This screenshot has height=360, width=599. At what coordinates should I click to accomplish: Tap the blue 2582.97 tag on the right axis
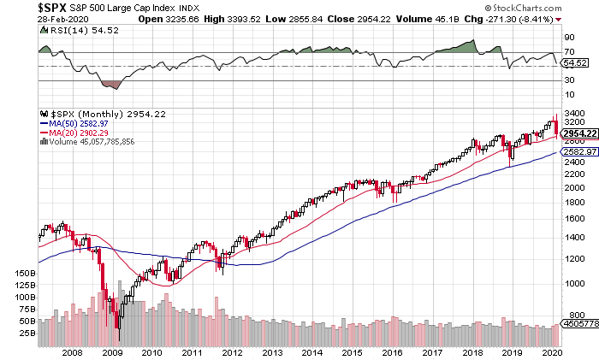[x=577, y=151]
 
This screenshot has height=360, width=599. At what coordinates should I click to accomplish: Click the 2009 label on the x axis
[x=112, y=351]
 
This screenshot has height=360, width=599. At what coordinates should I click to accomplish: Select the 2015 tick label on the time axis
[x=352, y=351]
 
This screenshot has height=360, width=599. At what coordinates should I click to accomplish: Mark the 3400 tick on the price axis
[x=573, y=113]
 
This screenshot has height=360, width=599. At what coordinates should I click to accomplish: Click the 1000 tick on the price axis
[x=573, y=284]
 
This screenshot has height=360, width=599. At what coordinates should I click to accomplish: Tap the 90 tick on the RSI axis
[x=567, y=38]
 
